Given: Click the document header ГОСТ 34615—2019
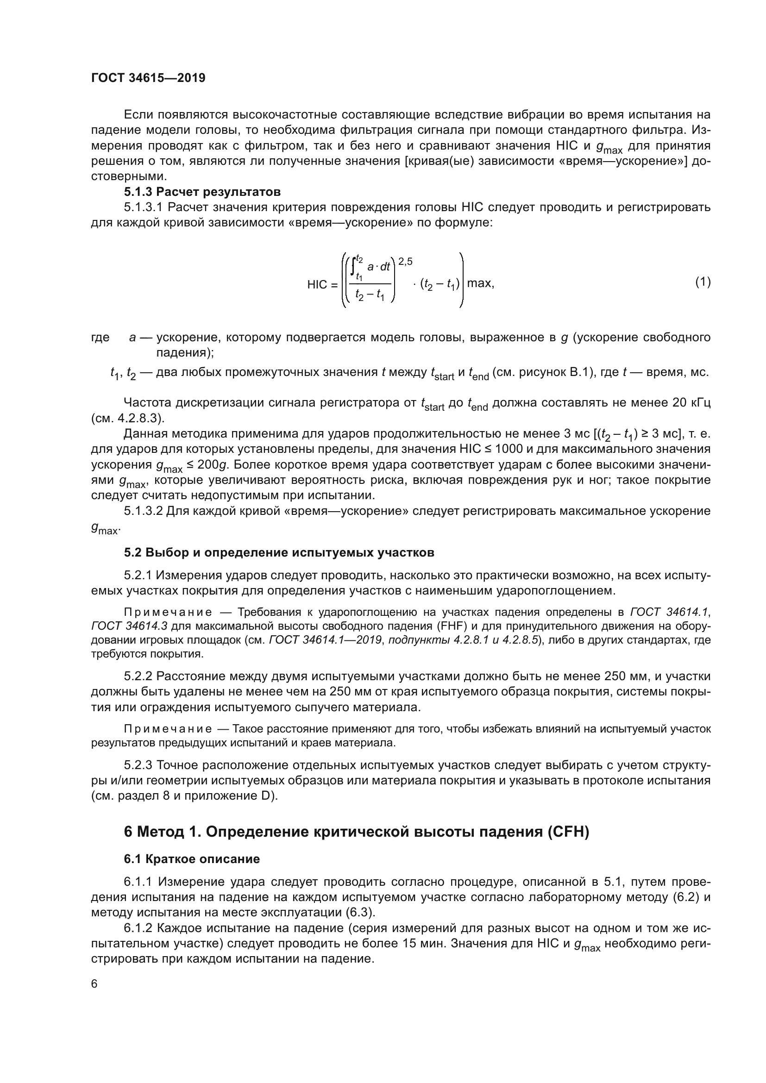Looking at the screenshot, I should (148, 78).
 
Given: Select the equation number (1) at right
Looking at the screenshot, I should (703, 282).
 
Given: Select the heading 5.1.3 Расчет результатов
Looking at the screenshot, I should (202, 192).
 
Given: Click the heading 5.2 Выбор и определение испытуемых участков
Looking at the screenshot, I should (279, 552).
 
